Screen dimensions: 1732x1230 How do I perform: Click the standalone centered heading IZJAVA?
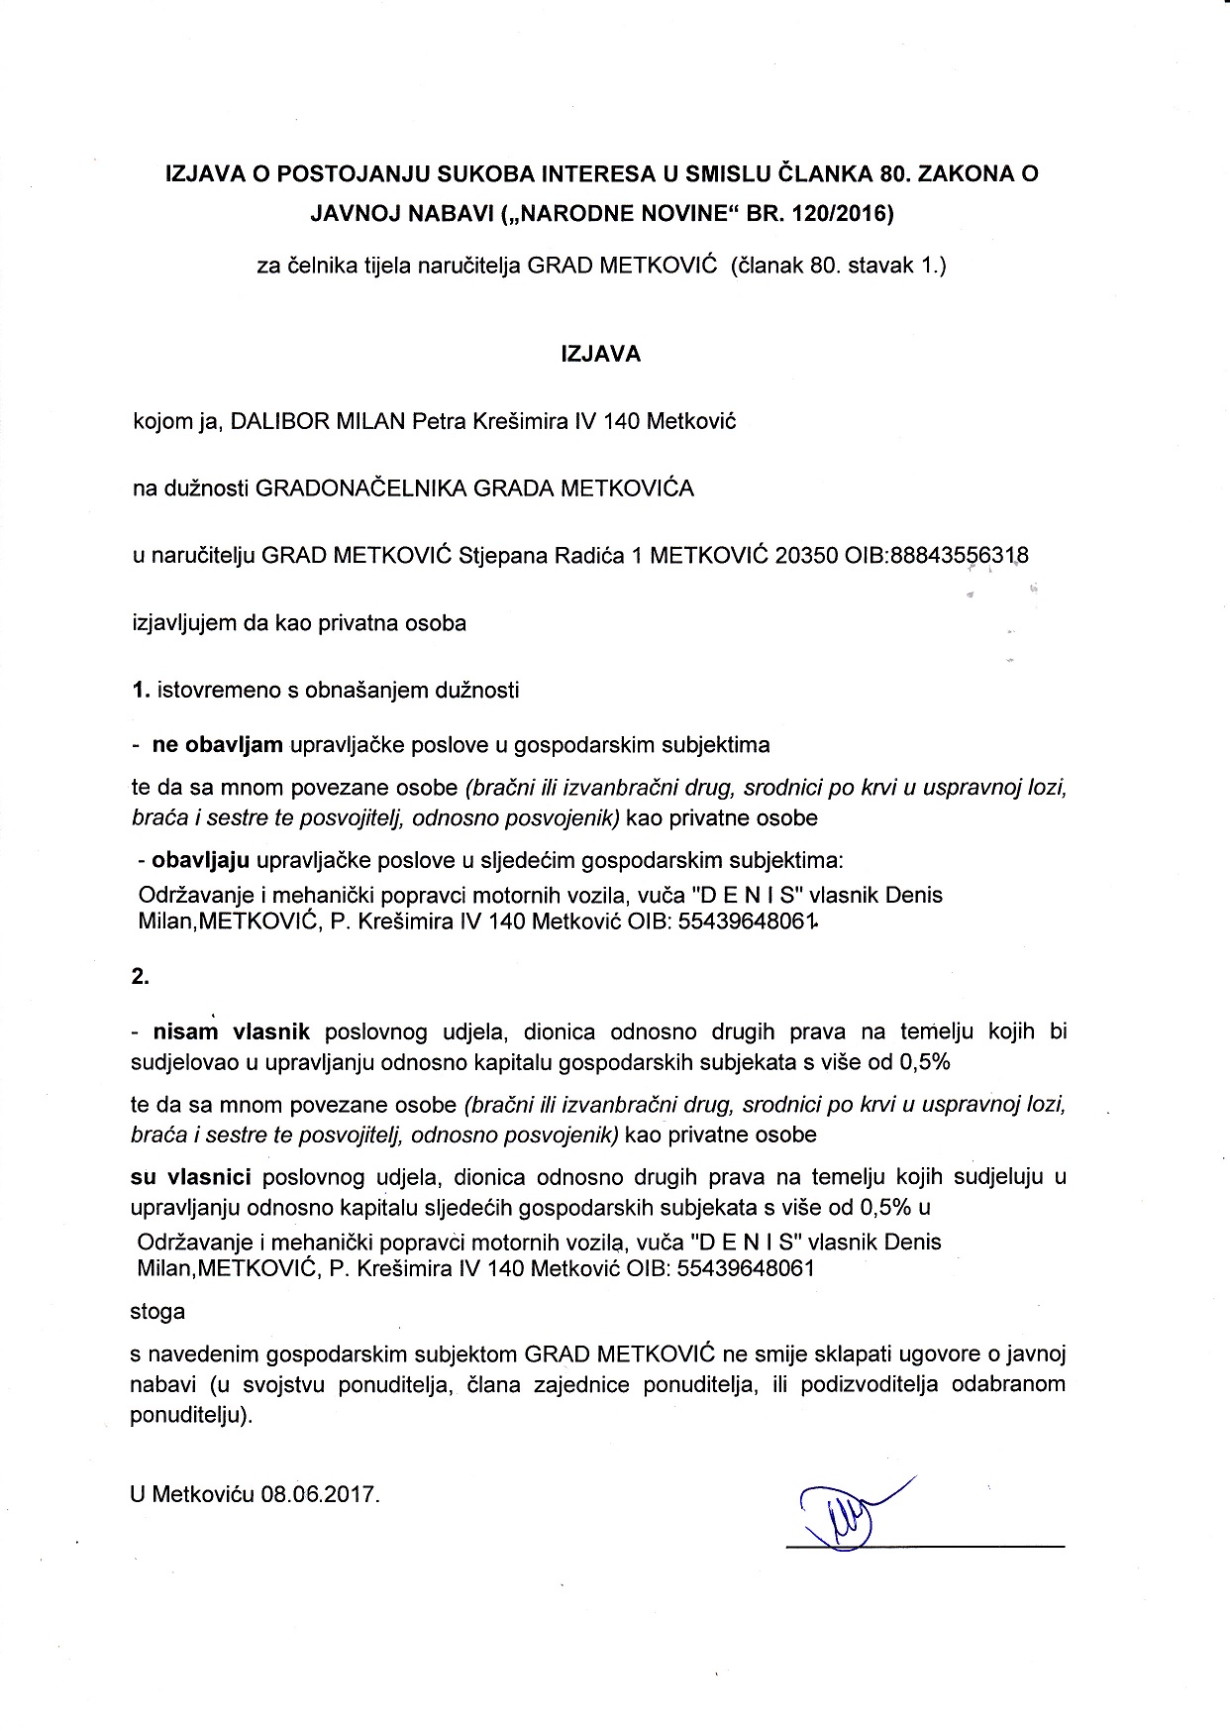601,354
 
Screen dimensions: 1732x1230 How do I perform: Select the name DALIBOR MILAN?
318,421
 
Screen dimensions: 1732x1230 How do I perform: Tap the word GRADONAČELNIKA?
360,488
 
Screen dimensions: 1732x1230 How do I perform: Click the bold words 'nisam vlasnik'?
231,1032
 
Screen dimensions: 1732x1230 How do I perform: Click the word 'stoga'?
157,1311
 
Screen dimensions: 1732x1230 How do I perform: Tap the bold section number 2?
140,976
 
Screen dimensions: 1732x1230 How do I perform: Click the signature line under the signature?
926,1545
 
